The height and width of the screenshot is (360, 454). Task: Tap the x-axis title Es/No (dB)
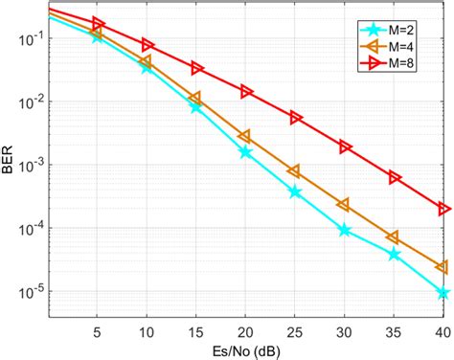245,349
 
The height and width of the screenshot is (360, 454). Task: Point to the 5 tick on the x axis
97,328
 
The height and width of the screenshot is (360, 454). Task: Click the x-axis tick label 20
245,328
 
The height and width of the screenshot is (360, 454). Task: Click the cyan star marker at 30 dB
345,231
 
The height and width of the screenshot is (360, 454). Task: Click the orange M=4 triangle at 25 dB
295,170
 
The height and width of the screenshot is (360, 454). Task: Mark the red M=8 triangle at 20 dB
246,92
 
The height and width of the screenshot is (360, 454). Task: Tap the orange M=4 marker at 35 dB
394,236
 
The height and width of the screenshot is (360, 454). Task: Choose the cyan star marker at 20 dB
246,152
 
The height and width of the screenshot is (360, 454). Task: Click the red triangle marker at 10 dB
147,45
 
